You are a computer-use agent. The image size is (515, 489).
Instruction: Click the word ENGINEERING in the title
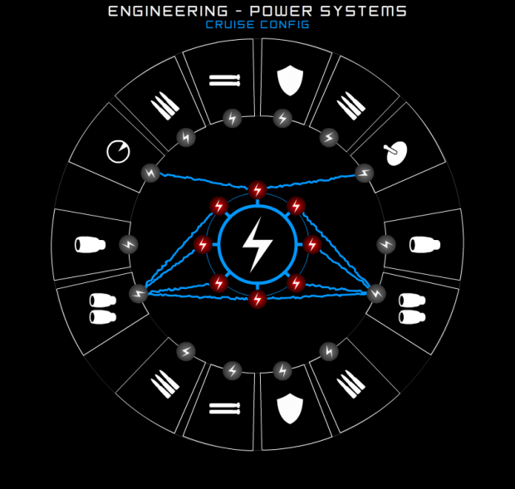168,11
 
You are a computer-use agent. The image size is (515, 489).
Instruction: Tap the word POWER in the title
281,11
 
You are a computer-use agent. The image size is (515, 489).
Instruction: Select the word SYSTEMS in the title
364,11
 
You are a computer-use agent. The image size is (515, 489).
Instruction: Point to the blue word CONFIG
285,25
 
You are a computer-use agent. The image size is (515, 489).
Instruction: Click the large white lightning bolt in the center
257,244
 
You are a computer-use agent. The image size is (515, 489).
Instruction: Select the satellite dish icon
395,153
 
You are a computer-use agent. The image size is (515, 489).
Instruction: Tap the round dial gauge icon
118,152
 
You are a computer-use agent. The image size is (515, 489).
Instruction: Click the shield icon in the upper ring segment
290,80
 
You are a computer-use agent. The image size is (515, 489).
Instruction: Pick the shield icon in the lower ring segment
290,409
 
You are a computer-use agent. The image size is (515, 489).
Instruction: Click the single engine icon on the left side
90,245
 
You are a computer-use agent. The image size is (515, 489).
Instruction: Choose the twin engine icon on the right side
412,309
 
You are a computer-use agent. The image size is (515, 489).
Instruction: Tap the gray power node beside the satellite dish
365,173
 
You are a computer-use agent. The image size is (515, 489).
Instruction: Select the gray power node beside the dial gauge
150,173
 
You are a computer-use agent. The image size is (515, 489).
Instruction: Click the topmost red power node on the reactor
257,189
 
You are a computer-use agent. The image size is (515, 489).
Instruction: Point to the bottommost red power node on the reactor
257,299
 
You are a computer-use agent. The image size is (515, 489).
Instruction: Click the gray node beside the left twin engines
139,293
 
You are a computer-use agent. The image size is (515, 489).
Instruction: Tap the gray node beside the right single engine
386,244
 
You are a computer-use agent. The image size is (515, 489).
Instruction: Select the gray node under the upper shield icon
282,119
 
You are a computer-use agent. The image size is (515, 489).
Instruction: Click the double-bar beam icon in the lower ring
224,408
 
